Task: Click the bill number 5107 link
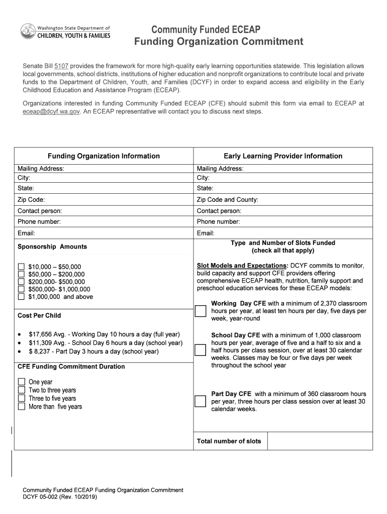(61, 66)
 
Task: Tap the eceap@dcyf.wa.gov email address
(51, 111)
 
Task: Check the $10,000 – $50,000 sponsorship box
(21, 267)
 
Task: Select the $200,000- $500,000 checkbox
(21, 282)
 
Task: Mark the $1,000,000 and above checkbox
(21, 297)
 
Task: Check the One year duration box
(21, 382)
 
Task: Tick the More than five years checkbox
(21, 407)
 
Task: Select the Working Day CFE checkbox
(201, 311)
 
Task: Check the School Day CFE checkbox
(201, 350)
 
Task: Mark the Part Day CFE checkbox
(201, 401)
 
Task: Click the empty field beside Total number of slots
(320, 441)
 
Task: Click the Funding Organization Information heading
(104, 156)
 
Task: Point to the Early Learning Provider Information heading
(283, 156)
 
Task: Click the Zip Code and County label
(227, 200)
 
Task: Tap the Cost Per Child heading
(39, 315)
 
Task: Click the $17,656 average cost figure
(39, 334)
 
